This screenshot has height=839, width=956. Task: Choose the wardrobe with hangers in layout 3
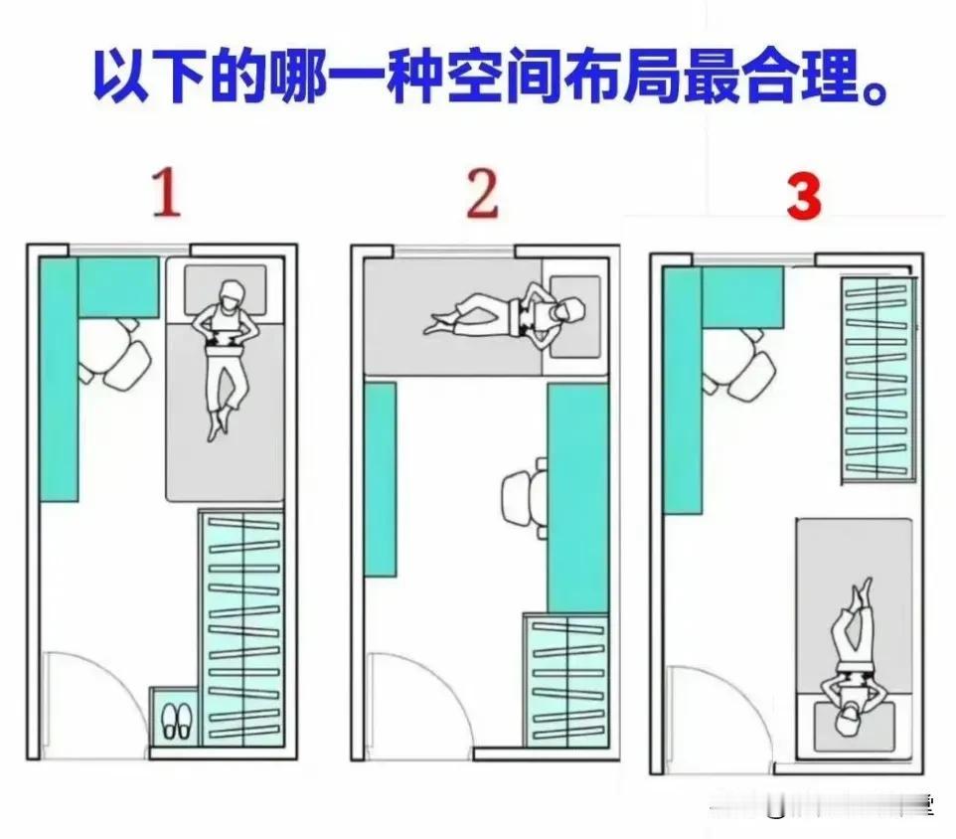877,378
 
